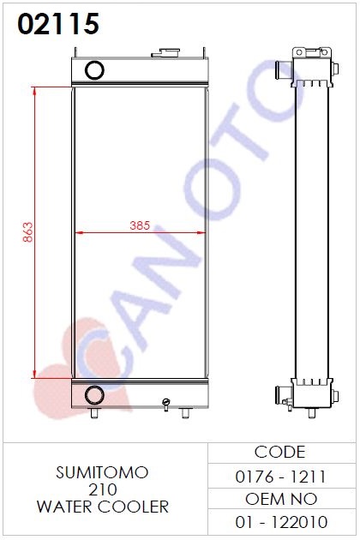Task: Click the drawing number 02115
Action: click(58, 24)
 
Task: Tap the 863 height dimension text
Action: click(28, 232)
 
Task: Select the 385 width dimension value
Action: click(140, 225)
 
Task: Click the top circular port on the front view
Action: click(94, 70)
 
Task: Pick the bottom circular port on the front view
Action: click(94, 394)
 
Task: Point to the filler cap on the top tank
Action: click(165, 52)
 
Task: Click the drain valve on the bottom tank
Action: click(166, 405)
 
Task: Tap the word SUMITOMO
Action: click(102, 472)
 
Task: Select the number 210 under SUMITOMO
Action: click(102, 489)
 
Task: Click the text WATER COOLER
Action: click(103, 507)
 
